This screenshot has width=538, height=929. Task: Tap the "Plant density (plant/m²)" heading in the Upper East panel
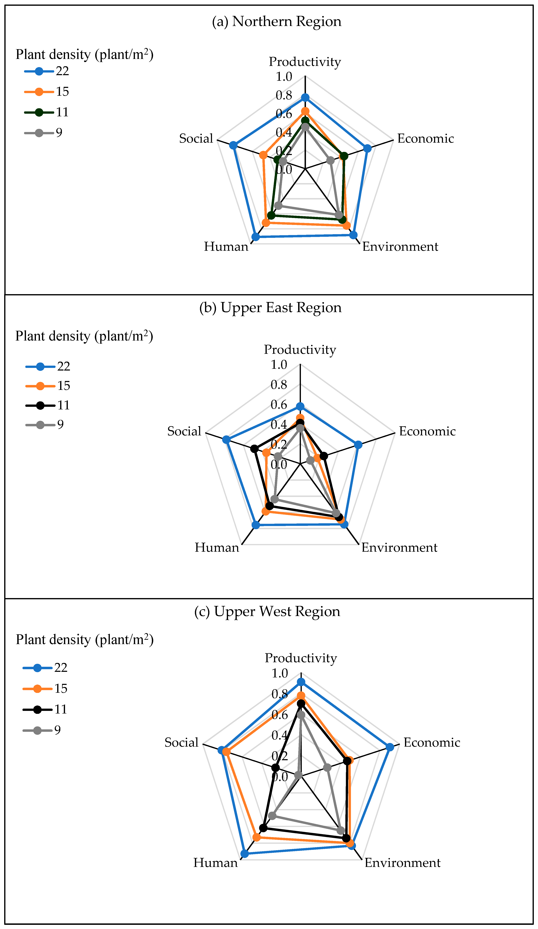click(x=84, y=336)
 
